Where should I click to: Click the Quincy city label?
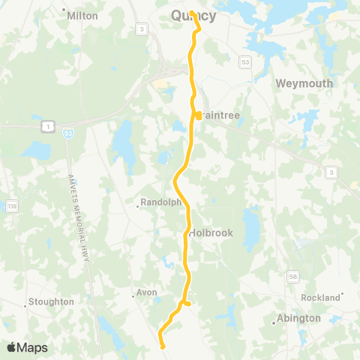[x=193, y=16]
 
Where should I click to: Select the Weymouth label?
[x=304, y=84]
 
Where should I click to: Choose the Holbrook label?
[x=211, y=233]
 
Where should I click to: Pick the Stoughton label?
[x=51, y=301]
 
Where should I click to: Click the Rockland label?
[x=321, y=298]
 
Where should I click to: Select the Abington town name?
[x=298, y=318]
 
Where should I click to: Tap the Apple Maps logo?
[x=27, y=347]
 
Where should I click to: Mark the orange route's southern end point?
[x=163, y=346]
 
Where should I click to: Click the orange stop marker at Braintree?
[x=198, y=115]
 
